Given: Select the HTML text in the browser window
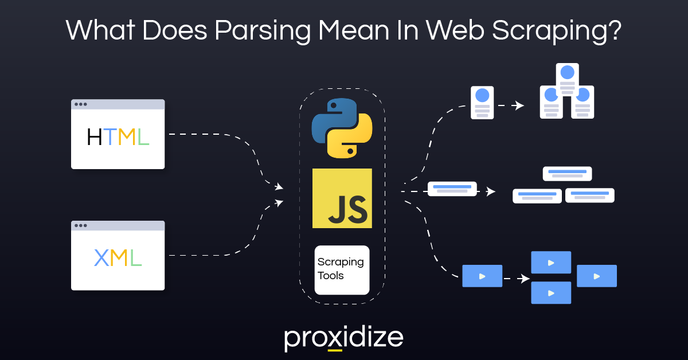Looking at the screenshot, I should coord(118,138).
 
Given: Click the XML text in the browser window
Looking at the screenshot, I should coord(118,259).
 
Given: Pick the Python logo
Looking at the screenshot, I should coord(342,128).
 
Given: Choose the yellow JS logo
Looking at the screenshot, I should coord(342,198).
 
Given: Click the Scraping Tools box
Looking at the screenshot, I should coord(342,269).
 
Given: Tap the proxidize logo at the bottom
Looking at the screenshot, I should coord(343,338).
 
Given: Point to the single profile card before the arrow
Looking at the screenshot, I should coord(482,103).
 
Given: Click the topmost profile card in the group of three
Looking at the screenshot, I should coord(567,79).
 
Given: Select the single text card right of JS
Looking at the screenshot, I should coord(452,189).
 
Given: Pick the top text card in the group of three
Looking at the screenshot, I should coord(567,173).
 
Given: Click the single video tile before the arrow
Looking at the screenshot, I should coord(482,276).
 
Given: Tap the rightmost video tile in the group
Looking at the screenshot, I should coord(596,276).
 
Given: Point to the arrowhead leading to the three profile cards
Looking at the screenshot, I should coord(519,105).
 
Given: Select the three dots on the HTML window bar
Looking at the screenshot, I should coord(81,104).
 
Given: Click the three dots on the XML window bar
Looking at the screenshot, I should coord(81,226).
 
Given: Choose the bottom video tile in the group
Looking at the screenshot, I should coord(551,292).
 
